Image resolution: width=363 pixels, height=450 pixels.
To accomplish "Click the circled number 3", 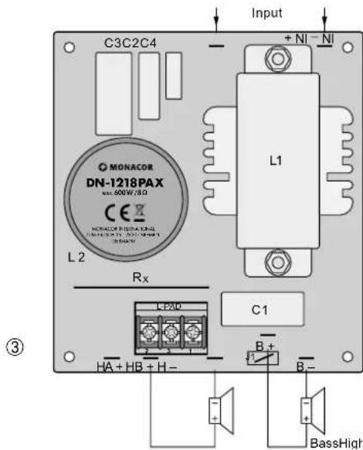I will pos(32,339).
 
